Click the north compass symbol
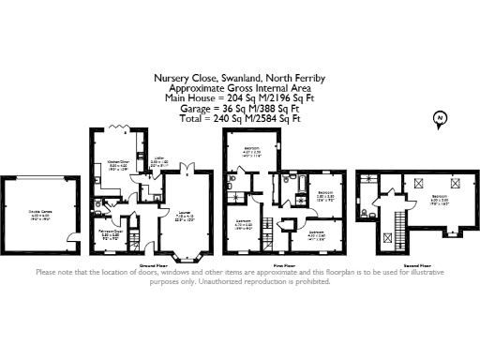pyautogui.click(x=438, y=118)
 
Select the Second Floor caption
pyautogui.click(x=415, y=265)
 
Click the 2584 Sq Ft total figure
pyautogui.click(x=271, y=119)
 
